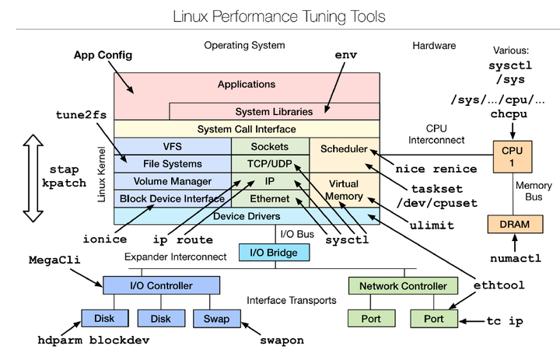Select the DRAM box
tap(509, 224)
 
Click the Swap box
tap(215, 318)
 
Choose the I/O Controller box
tap(161, 286)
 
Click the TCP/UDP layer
tap(270, 164)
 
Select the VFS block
tap(172, 146)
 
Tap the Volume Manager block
tap(172, 181)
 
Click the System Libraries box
tap(274, 111)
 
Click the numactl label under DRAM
tap(515, 258)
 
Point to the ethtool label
tap(499, 285)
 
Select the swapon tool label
tap(281, 341)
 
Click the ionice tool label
tap(104, 238)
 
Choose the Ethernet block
tap(270, 198)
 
